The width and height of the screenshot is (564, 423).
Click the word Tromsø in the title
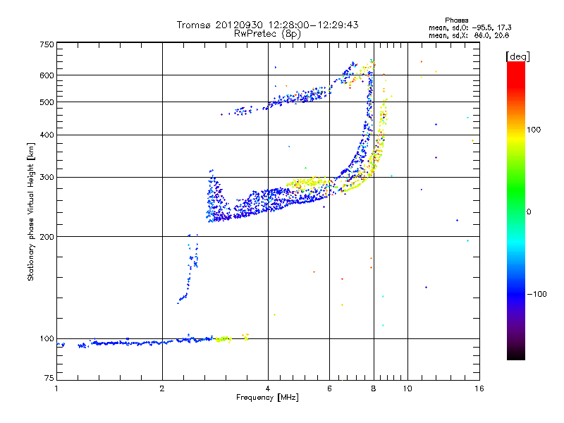click(194, 25)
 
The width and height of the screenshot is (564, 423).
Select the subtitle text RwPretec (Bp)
click(268, 33)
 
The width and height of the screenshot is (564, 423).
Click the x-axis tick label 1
click(56, 388)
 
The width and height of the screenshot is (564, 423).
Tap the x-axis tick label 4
click(268, 388)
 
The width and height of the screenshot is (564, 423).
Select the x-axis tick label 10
click(407, 388)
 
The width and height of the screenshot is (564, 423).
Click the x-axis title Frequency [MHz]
click(268, 398)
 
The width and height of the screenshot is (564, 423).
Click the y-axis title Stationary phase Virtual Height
click(31, 211)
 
